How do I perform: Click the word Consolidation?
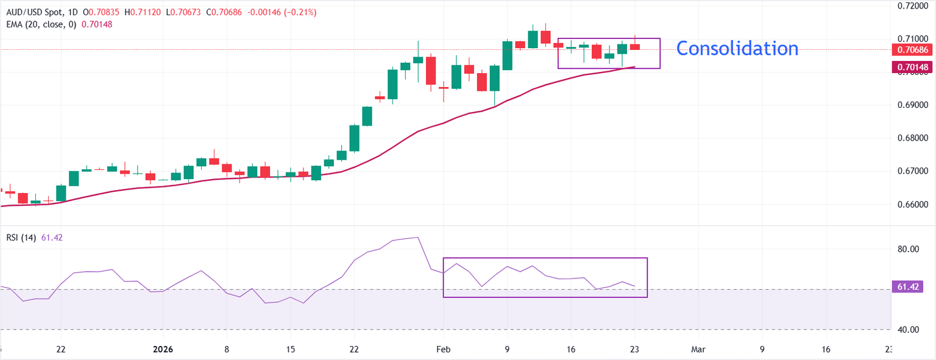737,48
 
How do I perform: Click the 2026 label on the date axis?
163,350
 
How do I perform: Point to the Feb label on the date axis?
444,350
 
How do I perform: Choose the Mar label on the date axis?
698,350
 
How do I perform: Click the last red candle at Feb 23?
635,46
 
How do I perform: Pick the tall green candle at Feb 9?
507,55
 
